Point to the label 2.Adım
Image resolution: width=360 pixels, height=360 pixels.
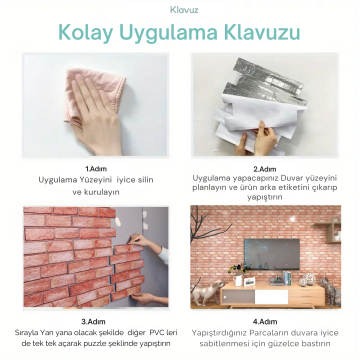point(264,169)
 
